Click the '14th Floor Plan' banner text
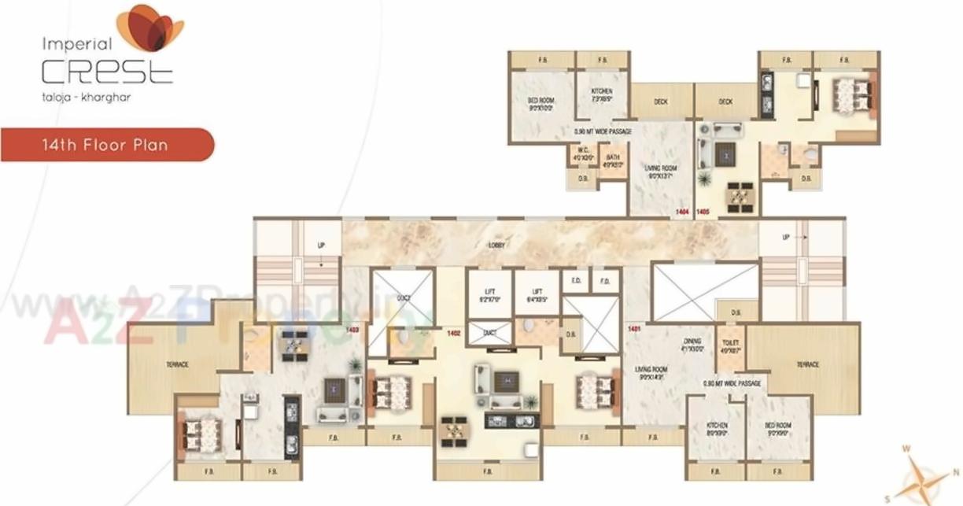pyautogui.click(x=105, y=145)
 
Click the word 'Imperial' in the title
pyautogui.click(x=66, y=44)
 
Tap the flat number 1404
pyautogui.click(x=682, y=212)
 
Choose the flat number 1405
pyautogui.click(x=703, y=212)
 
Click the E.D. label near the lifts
pyautogui.click(x=575, y=280)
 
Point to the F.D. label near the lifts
pyautogui.click(x=605, y=280)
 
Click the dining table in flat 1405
pyautogui.click(x=740, y=196)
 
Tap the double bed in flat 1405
pyautogui.click(x=851, y=94)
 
